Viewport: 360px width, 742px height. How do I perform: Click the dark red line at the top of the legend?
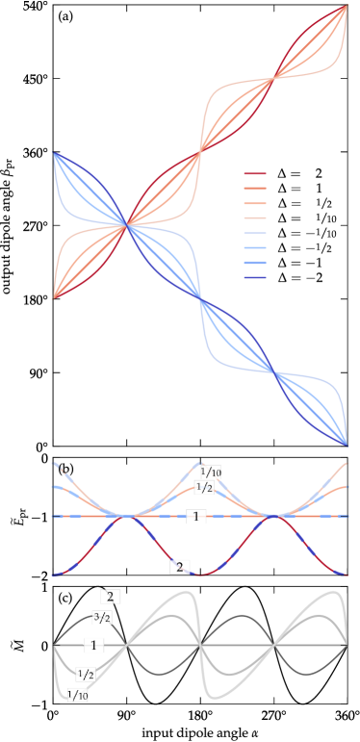pos(254,174)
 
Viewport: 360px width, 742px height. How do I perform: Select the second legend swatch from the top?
pos(254,189)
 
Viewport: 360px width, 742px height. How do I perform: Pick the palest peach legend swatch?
pos(254,218)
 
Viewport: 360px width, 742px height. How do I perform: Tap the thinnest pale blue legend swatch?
pos(254,234)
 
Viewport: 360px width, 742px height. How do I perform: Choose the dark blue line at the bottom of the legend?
pos(254,278)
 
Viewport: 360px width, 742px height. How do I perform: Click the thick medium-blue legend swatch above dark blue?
pos(254,263)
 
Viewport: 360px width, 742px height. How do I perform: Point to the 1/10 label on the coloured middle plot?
pos(210,472)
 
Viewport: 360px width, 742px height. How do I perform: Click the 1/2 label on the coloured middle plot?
pos(205,487)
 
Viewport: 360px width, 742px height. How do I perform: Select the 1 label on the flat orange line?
pos(196,517)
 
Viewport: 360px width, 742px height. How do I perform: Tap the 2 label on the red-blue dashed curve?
pos(178,566)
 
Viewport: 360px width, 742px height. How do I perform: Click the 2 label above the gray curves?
pos(110,597)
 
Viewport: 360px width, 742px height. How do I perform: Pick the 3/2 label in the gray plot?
pos(101,616)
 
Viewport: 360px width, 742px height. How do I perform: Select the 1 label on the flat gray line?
pos(94,645)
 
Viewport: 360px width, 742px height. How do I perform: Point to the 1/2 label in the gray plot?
pos(85,675)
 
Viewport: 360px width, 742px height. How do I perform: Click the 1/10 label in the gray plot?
pos(77,694)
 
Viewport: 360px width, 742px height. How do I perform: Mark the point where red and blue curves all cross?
pos(127,225)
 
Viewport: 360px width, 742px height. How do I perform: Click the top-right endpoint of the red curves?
pos(347,6)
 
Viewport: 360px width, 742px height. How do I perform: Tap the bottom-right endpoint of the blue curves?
pos(347,446)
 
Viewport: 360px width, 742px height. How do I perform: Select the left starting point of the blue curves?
pos(53,153)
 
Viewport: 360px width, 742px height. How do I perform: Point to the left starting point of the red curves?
pos(53,298)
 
